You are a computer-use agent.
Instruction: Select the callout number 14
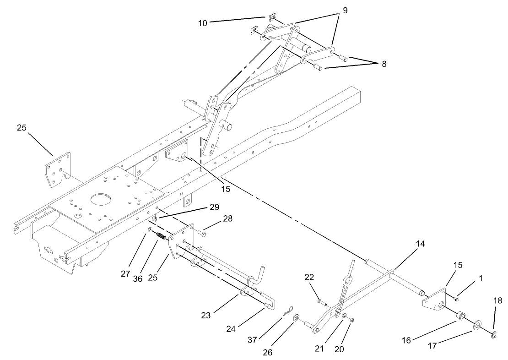(420, 245)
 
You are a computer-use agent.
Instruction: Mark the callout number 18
(498, 300)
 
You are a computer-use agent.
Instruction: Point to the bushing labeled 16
(460, 316)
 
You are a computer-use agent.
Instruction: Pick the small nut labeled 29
(155, 219)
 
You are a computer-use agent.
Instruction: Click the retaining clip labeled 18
(494, 336)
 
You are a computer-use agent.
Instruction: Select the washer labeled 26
(296, 317)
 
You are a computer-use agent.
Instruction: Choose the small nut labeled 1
(456, 299)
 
